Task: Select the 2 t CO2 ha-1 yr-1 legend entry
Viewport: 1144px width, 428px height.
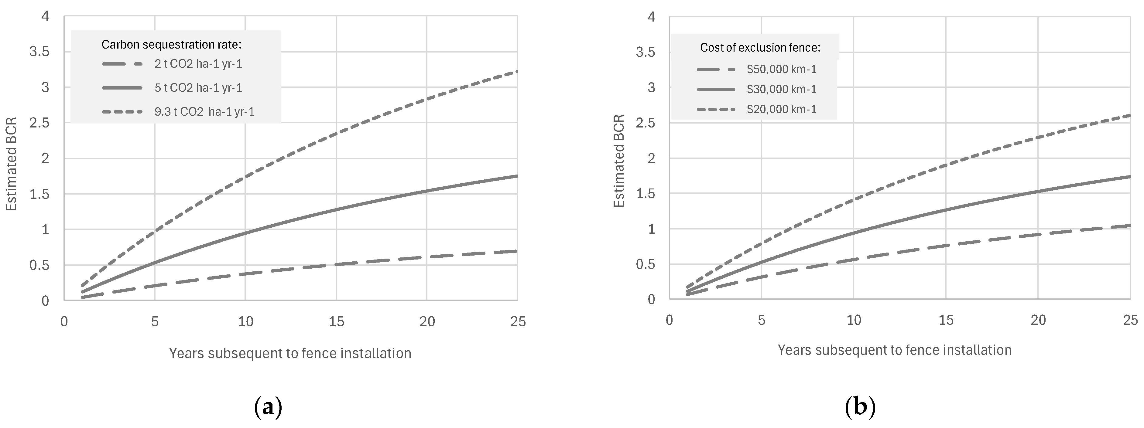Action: click(x=198, y=64)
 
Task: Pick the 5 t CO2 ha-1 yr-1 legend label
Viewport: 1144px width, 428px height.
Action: click(x=198, y=88)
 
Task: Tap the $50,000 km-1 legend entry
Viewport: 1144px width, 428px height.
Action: click(x=782, y=69)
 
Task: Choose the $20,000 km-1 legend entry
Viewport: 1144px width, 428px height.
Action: click(x=782, y=109)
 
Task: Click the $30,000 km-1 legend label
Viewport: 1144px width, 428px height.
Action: click(x=782, y=89)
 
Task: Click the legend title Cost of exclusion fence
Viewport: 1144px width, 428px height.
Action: click(x=760, y=48)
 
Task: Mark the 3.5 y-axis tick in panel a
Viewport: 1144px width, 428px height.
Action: click(x=39, y=52)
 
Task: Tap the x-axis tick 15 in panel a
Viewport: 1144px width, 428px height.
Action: click(x=336, y=321)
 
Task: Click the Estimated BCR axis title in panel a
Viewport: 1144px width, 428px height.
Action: click(x=12, y=164)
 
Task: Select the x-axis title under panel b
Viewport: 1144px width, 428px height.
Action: click(x=894, y=350)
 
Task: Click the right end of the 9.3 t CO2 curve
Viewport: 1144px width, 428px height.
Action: click(x=516, y=71)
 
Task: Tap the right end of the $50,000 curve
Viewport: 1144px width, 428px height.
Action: click(x=1129, y=226)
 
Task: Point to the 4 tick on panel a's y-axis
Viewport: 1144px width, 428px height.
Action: click(x=45, y=16)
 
